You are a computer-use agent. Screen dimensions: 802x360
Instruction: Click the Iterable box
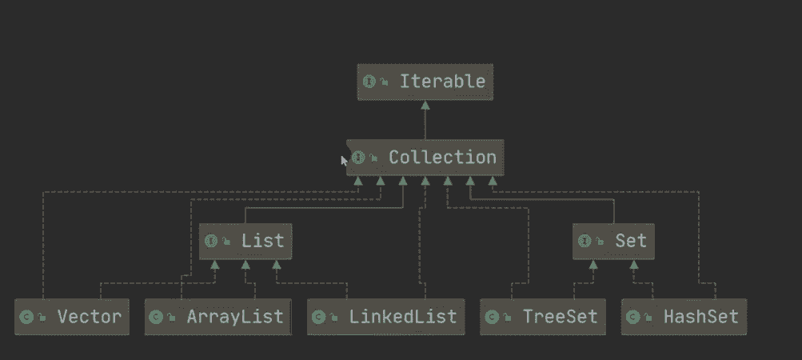pos(425,82)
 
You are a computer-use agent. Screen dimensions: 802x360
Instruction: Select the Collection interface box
pos(425,158)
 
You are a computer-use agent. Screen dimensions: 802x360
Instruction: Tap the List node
pos(245,241)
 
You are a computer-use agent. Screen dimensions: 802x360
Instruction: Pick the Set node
pos(613,241)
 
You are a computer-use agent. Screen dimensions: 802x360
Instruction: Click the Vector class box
pos(72,317)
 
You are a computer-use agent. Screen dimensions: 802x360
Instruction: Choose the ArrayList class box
pos(217,317)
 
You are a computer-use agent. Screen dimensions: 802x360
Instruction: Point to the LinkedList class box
pos(385,317)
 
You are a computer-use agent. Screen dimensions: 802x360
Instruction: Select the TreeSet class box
pos(543,317)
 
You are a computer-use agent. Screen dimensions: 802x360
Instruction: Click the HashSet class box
pos(684,317)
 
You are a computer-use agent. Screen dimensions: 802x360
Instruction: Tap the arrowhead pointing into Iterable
pos(425,105)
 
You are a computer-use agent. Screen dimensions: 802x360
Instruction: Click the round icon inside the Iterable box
pos(369,82)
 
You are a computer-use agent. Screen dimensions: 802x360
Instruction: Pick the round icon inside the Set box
pos(585,241)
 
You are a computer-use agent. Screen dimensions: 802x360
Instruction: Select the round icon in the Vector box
pos(26,318)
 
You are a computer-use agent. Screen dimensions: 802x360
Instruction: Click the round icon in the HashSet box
pos(632,318)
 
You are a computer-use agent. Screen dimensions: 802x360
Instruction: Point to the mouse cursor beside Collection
pos(344,160)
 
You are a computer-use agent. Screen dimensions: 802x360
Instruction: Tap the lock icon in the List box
pos(226,242)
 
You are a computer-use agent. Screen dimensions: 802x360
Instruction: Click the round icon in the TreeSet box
pos(492,318)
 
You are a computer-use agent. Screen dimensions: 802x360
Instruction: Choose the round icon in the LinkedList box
pos(319,318)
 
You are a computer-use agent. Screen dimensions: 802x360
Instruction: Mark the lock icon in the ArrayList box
pos(171,318)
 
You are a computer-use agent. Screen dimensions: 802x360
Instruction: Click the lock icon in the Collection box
pos(374,158)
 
